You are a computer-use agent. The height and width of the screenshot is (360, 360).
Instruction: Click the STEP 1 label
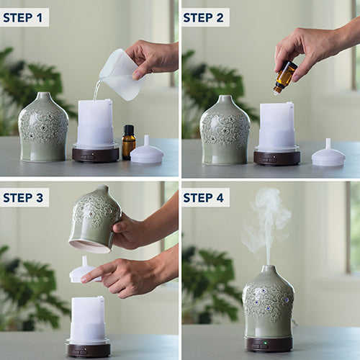(x=23, y=18)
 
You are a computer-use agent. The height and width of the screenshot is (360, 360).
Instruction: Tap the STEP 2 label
(x=203, y=18)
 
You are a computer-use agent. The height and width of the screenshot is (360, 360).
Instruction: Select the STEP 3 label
(x=23, y=198)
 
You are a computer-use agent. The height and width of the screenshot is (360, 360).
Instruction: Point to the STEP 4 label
(x=203, y=198)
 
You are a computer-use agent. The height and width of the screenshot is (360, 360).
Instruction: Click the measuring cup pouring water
(x=122, y=74)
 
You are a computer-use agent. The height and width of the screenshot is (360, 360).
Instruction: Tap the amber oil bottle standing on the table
(x=129, y=143)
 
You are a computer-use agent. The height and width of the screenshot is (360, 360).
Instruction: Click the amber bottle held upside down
(x=285, y=77)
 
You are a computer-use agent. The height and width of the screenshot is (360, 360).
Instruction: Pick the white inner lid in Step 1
(x=147, y=153)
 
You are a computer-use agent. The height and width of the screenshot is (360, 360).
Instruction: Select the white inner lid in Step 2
(x=328, y=155)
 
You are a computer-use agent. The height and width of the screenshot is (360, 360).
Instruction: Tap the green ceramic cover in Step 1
(x=43, y=127)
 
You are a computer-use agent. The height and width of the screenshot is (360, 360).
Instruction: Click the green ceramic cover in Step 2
(x=225, y=130)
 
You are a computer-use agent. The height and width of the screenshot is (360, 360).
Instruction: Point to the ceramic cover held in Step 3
(x=95, y=219)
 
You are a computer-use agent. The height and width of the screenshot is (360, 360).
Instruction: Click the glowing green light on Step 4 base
(x=266, y=343)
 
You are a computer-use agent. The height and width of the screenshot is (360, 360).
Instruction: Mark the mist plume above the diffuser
(x=268, y=225)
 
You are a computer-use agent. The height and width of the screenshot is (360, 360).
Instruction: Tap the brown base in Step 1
(x=96, y=155)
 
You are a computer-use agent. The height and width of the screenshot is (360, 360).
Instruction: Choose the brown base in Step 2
(x=277, y=158)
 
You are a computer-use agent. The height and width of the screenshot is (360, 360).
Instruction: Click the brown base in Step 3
(x=88, y=351)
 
